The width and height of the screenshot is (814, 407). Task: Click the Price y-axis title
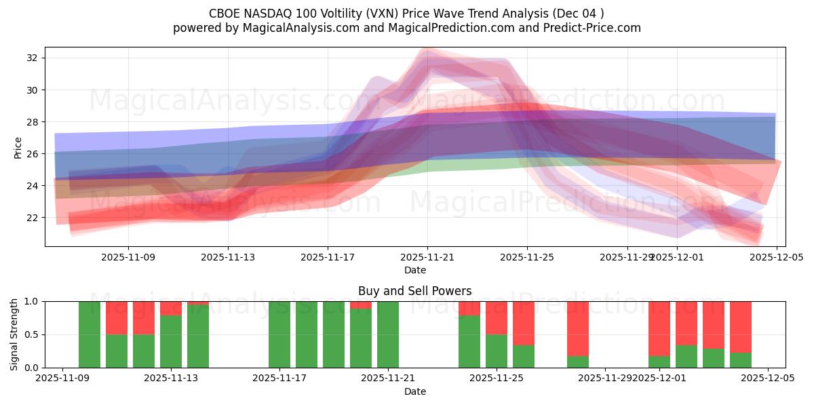[18, 147]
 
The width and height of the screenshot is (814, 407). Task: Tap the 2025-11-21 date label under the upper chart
[427, 257]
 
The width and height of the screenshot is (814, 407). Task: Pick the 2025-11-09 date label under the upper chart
[128, 257]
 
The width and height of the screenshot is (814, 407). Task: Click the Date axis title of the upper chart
[415, 270]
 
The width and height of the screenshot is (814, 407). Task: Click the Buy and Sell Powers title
[415, 291]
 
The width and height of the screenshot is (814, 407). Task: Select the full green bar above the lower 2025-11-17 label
[279, 334]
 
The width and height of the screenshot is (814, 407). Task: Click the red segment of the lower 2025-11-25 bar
[497, 317]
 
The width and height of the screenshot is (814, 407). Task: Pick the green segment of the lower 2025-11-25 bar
[497, 351]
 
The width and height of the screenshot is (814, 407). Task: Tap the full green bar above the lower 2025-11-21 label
[388, 334]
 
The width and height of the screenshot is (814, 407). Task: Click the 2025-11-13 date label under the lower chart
[171, 379]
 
